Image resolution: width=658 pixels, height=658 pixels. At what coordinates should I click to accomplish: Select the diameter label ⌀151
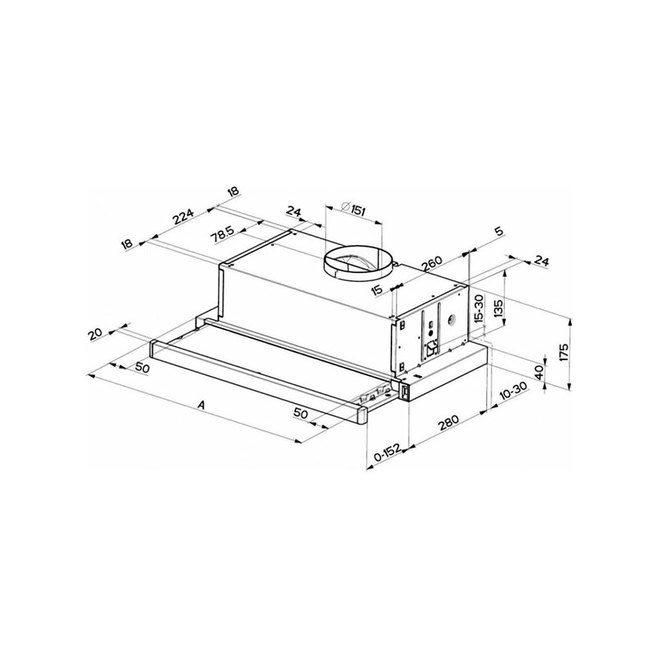[x=354, y=208]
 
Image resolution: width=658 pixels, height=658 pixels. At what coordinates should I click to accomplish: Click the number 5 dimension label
[x=498, y=231]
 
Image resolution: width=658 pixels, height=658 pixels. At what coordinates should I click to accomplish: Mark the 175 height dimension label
[x=563, y=352]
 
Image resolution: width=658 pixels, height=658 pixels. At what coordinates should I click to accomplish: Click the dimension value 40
[x=540, y=371]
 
